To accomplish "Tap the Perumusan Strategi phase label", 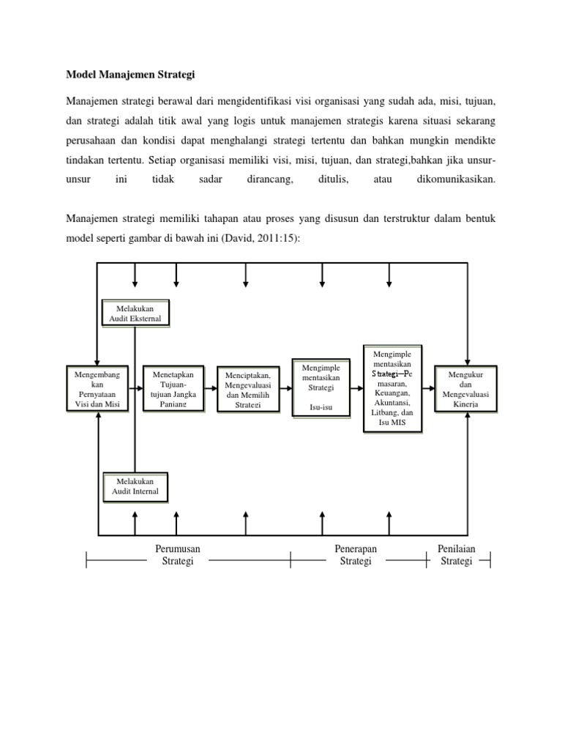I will click(x=177, y=554).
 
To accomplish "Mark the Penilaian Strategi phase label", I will click(x=457, y=554).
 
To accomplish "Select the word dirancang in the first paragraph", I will click(x=266, y=178).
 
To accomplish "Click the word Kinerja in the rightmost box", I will click(x=467, y=404).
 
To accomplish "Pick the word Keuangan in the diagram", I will click(x=394, y=392).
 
